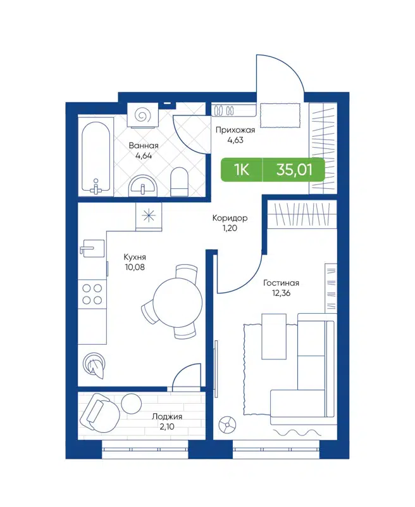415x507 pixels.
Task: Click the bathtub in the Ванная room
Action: point(96,155)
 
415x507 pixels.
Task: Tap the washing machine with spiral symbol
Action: point(144,115)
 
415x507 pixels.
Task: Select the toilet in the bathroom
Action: point(180,182)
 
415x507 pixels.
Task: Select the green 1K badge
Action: point(240,170)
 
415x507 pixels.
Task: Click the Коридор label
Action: point(230,218)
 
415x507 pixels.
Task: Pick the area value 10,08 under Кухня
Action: point(135,268)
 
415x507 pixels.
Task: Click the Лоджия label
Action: point(167,416)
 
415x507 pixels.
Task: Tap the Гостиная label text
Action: point(281,283)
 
